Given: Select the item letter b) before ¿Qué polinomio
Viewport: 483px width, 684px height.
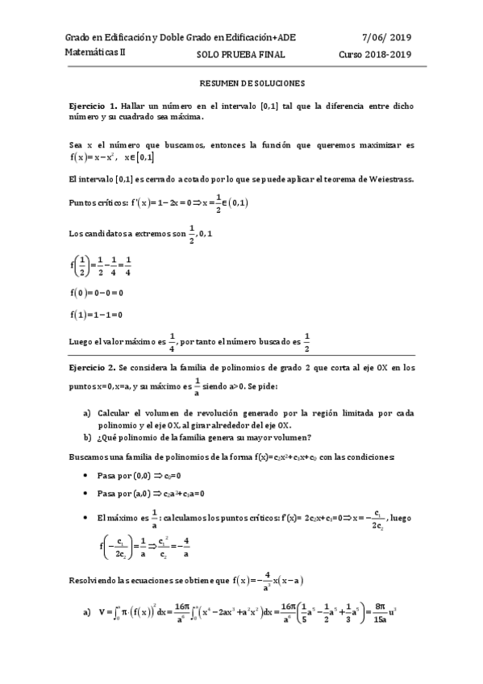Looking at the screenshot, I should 88,438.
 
